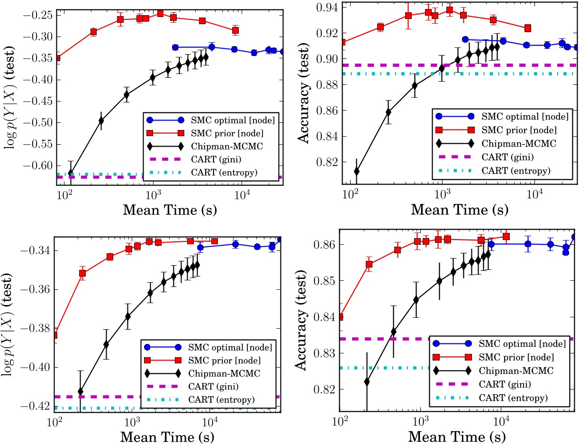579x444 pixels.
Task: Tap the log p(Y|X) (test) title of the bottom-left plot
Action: pos(10,323)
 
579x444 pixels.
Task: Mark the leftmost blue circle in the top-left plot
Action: pos(175,47)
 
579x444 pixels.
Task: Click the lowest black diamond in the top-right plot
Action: pos(356,171)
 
